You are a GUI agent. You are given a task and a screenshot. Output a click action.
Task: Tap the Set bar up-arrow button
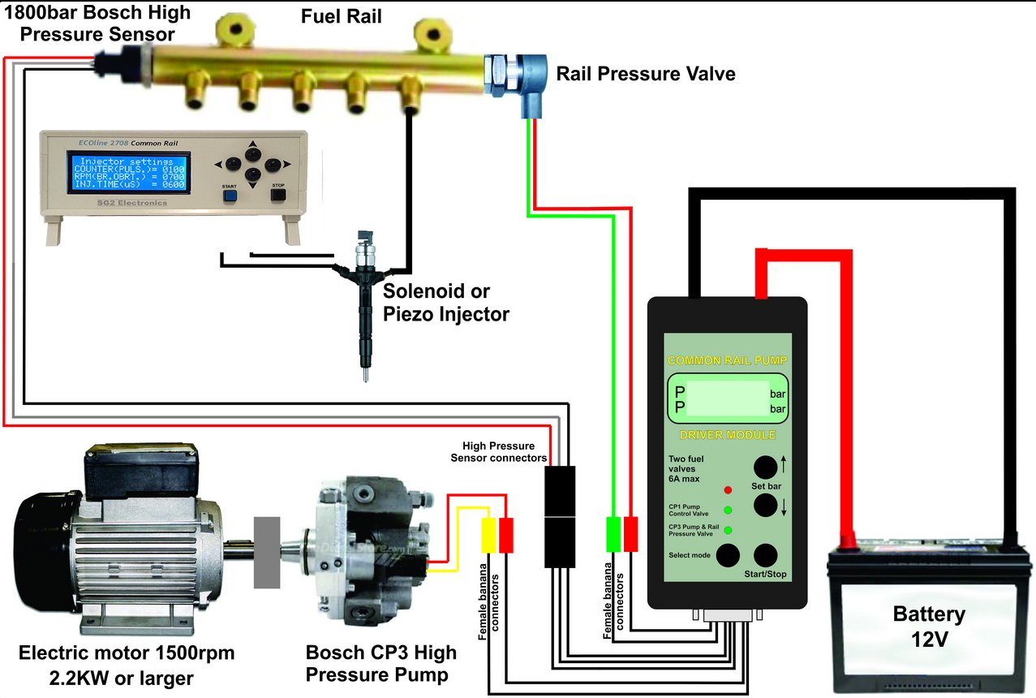coord(764,468)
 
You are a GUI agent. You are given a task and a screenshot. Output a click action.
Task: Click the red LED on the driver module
coord(727,490)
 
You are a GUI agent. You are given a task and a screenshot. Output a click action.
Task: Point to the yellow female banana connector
coord(489,536)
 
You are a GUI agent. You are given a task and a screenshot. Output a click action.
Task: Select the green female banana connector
coord(613,534)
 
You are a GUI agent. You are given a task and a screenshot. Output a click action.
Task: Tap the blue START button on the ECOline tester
coord(230,195)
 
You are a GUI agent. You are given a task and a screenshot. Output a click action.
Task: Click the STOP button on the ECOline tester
coord(278,195)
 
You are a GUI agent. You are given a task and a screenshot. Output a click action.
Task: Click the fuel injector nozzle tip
coord(368,374)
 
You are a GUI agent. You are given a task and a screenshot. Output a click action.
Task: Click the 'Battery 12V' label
coord(929,627)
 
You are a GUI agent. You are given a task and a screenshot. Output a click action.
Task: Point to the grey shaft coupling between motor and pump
coord(269,552)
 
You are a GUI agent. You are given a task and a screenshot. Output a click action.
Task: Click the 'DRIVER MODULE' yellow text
coord(727,435)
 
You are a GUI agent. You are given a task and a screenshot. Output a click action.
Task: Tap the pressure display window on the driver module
coord(727,399)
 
